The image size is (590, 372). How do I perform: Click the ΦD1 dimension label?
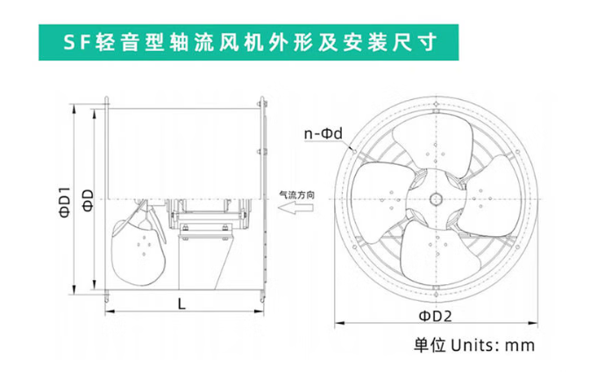click(x=64, y=202)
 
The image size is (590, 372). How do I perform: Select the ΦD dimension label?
click(x=88, y=200)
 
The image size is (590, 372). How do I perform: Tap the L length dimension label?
click(x=181, y=303)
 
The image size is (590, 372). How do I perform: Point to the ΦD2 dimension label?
click(x=436, y=316)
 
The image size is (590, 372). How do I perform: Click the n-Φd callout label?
click(x=323, y=133)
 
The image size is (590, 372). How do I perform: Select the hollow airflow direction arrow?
click(x=295, y=207)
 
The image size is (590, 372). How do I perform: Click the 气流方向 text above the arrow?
click(x=296, y=195)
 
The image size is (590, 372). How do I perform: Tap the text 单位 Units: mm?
click(x=474, y=345)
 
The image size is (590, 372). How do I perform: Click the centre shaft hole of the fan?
click(x=436, y=199)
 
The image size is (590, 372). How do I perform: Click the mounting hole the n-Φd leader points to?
click(x=354, y=150)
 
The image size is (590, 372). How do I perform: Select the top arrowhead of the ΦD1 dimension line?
click(x=75, y=108)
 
